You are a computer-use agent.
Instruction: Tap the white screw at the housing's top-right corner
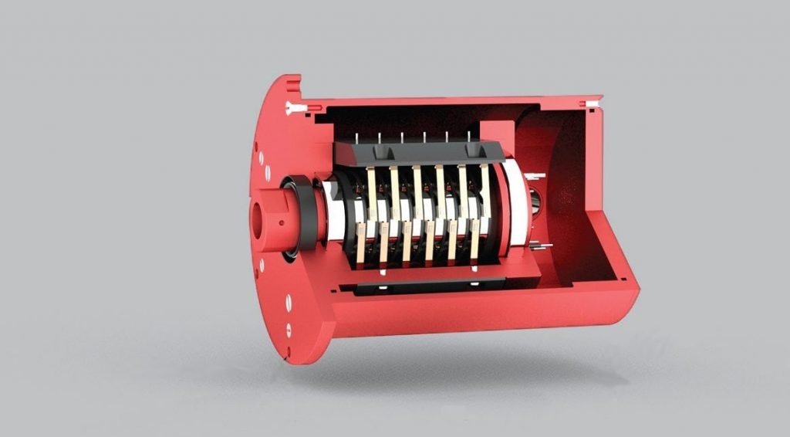(x=592, y=104)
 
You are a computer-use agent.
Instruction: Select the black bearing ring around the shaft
(x=306, y=214)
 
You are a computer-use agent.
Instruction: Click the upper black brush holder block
(x=420, y=153)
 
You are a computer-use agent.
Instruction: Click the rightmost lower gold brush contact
(x=474, y=240)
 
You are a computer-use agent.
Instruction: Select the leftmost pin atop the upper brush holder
(x=356, y=137)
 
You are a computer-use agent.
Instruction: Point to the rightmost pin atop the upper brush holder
(x=468, y=137)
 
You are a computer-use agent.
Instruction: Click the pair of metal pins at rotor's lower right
(x=540, y=246)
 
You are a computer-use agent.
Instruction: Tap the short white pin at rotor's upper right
(x=541, y=176)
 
